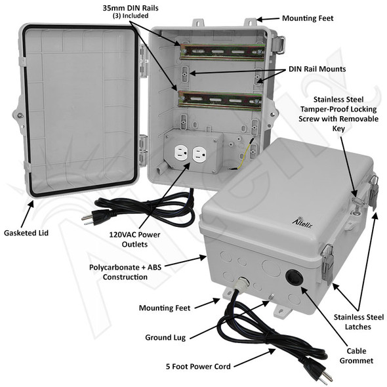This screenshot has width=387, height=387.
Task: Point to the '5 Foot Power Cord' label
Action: (199, 366)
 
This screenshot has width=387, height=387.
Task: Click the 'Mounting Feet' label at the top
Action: (307, 18)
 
